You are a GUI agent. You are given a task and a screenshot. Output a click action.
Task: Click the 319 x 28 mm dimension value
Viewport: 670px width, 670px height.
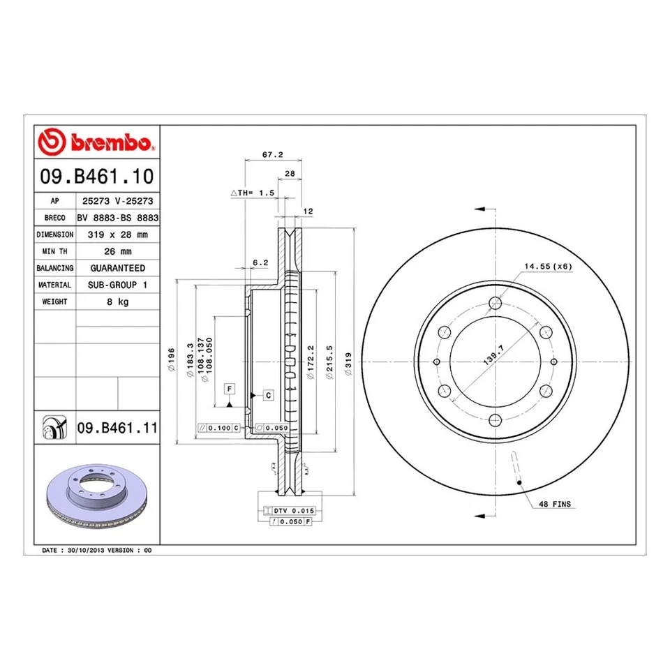[x=117, y=234]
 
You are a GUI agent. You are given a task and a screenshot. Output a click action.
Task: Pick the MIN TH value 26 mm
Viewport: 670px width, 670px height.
[x=117, y=251]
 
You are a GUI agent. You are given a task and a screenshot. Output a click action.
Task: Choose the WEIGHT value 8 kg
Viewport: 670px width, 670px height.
[x=117, y=301]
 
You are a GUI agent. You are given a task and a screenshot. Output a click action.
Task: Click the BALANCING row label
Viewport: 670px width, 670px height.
[x=54, y=268]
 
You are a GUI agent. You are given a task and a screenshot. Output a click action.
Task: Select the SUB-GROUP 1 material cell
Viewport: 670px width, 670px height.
[x=117, y=285]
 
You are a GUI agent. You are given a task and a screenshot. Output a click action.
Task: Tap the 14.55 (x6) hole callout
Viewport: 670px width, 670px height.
[x=548, y=267]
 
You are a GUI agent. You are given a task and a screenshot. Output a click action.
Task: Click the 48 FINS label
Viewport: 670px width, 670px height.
[x=554, y=504]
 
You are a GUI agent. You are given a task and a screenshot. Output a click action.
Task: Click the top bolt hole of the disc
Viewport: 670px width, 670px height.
[x=496, y=303]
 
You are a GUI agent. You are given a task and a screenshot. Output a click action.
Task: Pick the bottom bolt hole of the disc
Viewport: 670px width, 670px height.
[x=496, y=419]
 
